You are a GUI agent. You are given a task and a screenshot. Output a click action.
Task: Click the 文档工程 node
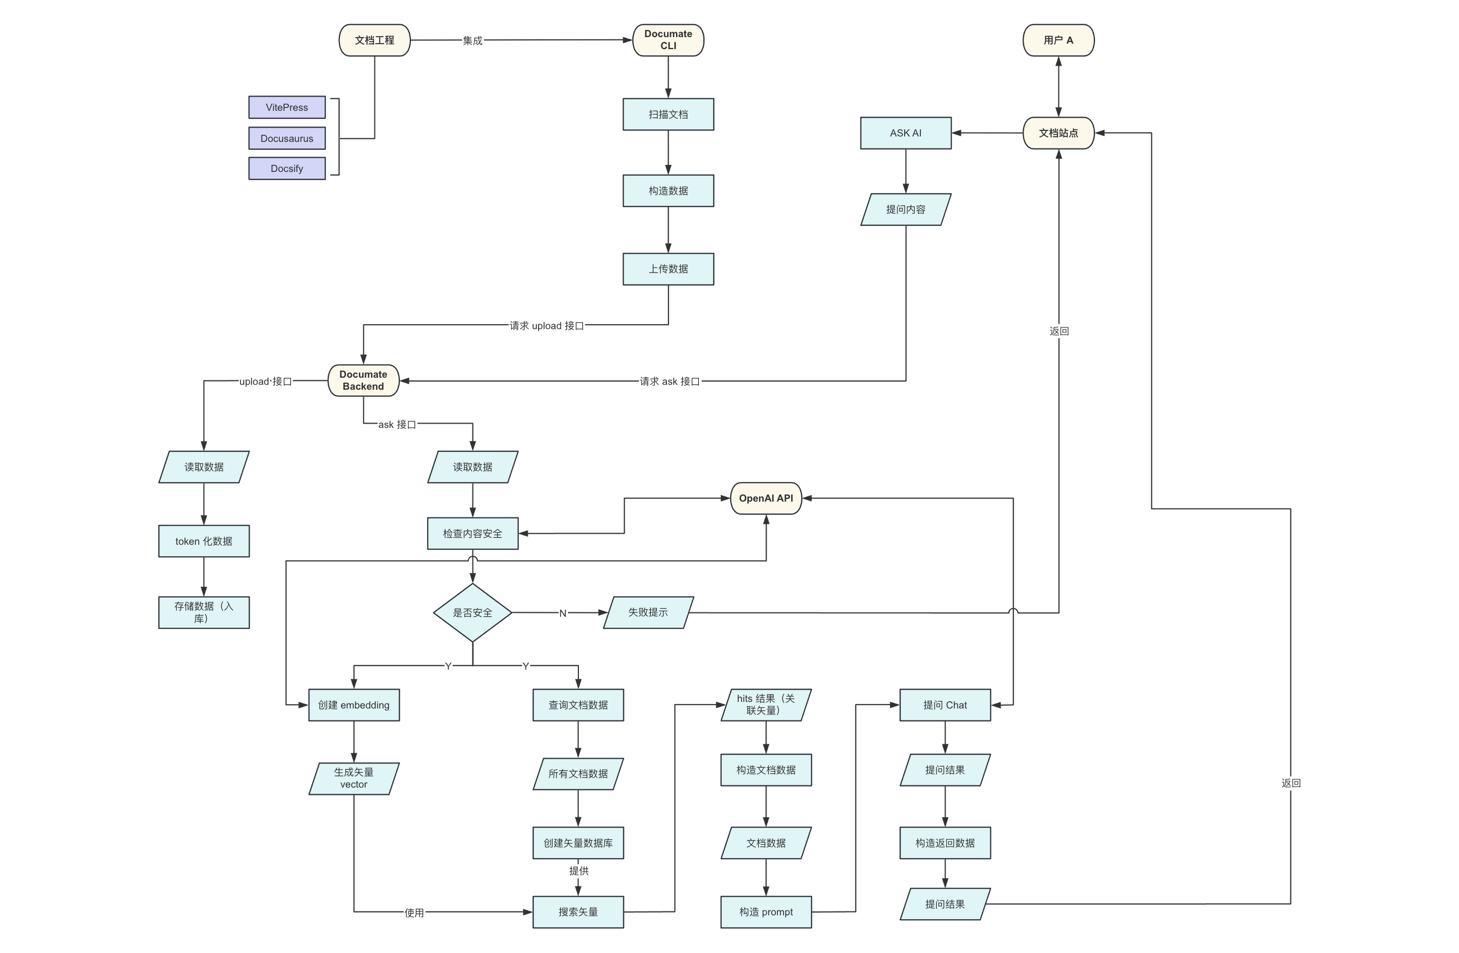coord(374,40)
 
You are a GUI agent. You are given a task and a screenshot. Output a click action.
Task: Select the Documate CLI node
coord(668,40)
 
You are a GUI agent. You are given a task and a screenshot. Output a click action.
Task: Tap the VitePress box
coord(287,108)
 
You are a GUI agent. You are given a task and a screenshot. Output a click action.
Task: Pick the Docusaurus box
coord(287,139)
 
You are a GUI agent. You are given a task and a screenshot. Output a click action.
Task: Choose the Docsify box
coord(287,169)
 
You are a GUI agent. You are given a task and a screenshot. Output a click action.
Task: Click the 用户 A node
coord(1059,40)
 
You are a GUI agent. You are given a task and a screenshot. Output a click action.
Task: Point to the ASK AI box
coord(906,133)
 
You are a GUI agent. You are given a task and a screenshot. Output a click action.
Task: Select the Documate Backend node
coord(363,381)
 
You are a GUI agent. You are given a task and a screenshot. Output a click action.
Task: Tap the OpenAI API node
coord(766,498)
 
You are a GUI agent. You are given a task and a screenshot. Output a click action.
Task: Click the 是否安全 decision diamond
coord(473,612)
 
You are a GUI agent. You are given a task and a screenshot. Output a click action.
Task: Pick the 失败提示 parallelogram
coord(649,612)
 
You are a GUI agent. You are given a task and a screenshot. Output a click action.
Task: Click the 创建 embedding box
coord(354,705)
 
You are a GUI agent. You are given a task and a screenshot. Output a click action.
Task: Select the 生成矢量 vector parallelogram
coord(354,779)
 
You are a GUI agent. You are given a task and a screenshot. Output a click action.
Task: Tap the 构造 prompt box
coord(766,913)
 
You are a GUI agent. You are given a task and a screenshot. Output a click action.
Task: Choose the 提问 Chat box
coord(945,705)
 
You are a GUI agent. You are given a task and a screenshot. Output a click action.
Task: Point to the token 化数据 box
coord(204,541)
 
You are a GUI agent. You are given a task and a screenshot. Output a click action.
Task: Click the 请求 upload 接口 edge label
coord(547,326)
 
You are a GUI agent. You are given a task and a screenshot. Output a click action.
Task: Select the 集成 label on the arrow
coord(473,41)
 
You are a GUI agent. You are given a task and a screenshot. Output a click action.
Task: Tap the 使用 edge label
coord(415,913)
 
